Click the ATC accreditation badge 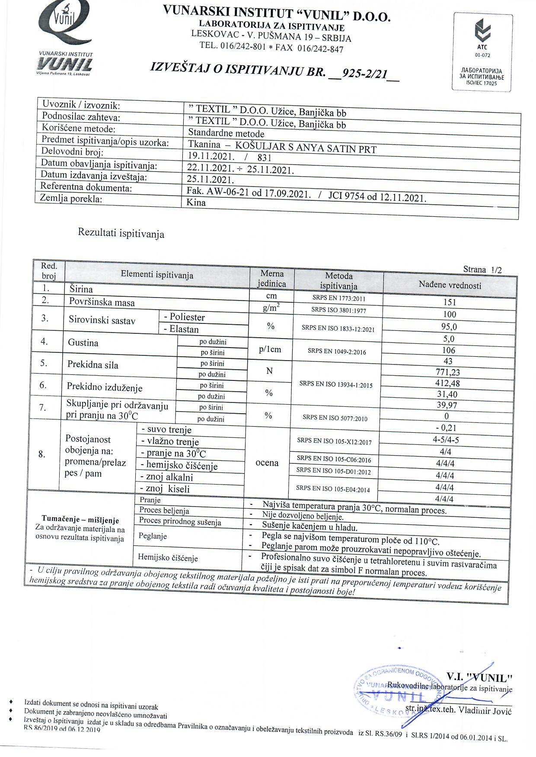click(482, 52)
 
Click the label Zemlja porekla click(71, 198)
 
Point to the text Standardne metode click(226, 133)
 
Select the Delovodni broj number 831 click(264, 158)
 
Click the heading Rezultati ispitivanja click(121, 233)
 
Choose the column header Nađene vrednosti click(450, 285)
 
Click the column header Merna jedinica click(272, 279)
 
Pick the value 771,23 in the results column click(448, 372)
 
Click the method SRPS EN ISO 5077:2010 click(335, 417)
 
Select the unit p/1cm click(270, 349)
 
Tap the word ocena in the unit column click(267, 462)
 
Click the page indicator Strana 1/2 click(482, 270)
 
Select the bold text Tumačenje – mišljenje click(80, 519)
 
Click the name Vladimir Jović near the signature click(485, 711)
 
